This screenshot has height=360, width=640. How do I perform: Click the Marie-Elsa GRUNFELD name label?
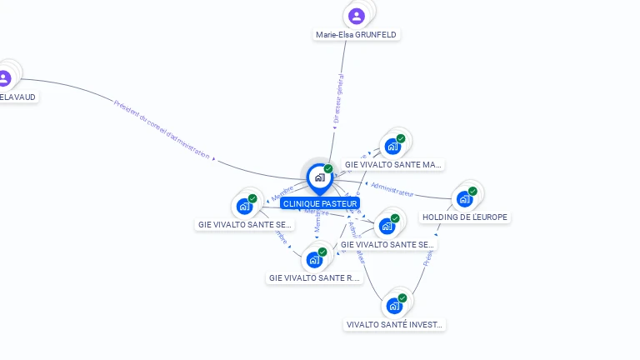tap(356, 35)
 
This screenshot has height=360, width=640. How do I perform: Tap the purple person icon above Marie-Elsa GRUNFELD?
tap(357, 16)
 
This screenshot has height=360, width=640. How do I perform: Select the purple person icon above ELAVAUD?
tap(4, 78)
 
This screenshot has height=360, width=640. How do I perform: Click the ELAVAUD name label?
tap(18, 97)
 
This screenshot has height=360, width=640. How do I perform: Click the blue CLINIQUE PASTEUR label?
tap(320, 203)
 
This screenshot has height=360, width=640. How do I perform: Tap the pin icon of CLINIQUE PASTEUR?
tap(319, 177)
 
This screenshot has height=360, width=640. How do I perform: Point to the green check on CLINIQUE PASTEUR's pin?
tap(328, 168)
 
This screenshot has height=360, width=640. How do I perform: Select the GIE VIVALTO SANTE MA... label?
tap(393, 165)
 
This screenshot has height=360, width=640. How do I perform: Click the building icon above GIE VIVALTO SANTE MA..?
tap(392, 147)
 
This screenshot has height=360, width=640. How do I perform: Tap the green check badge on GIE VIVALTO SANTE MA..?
tap(401, 138)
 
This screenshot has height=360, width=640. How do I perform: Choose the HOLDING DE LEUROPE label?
tap(465, 217)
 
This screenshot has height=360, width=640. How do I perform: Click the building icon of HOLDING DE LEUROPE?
tap(464, 199)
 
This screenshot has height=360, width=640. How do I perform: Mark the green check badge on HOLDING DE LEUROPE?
tap(472, 191)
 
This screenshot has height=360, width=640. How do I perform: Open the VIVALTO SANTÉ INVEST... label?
tap(395, 324)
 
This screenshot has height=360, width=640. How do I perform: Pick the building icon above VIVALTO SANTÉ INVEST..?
tap(393, 306)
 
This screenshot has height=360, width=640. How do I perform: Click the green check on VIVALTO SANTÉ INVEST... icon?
tap(402, 297)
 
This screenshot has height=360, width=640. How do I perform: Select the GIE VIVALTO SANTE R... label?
tap(315, 277)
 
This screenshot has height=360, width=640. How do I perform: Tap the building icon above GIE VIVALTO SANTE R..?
tap(314, 259)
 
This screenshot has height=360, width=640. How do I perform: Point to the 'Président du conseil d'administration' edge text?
tap(162, 128)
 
